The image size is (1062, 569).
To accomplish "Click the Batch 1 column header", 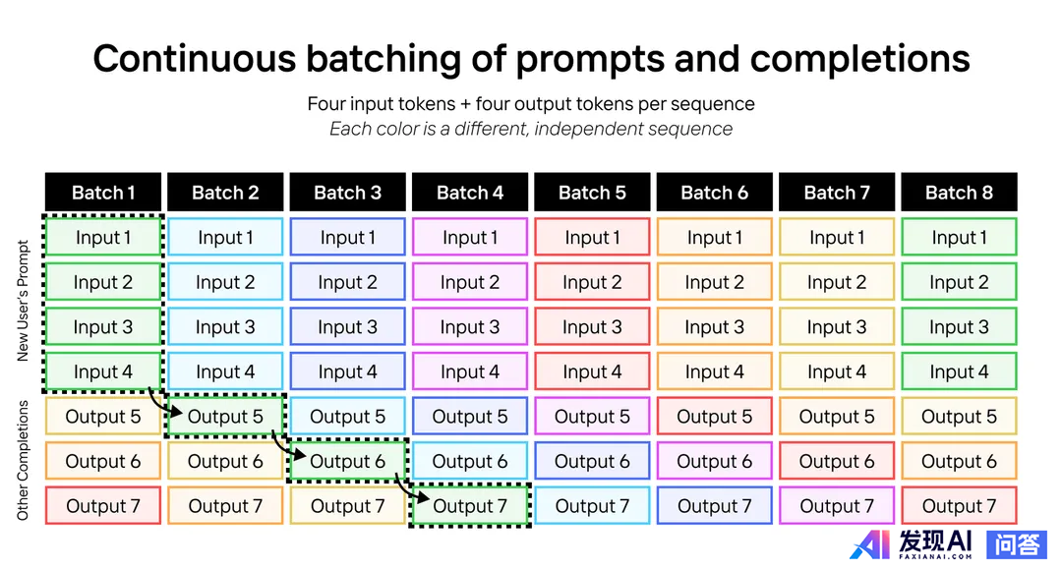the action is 103,193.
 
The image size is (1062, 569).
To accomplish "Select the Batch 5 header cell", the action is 592,193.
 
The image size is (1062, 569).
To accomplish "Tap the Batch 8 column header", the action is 959,193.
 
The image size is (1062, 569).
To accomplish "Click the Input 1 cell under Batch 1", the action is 103,237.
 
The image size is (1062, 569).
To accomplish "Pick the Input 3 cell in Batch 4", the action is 470,327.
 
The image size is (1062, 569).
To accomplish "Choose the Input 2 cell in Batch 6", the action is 715,282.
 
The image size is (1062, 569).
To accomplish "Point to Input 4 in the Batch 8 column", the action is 959,371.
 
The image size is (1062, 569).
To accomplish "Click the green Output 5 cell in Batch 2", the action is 225,416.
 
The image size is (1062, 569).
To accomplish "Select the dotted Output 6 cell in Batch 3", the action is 347,462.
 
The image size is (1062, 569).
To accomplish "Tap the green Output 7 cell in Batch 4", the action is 470,506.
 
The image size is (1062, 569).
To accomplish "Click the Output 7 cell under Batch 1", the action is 103,506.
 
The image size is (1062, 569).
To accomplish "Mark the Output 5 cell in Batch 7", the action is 837,416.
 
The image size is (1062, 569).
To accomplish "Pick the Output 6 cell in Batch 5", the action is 592,462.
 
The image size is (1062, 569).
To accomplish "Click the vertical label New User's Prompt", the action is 23,301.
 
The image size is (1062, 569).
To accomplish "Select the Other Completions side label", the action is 23,461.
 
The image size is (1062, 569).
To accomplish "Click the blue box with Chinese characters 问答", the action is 1017,544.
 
